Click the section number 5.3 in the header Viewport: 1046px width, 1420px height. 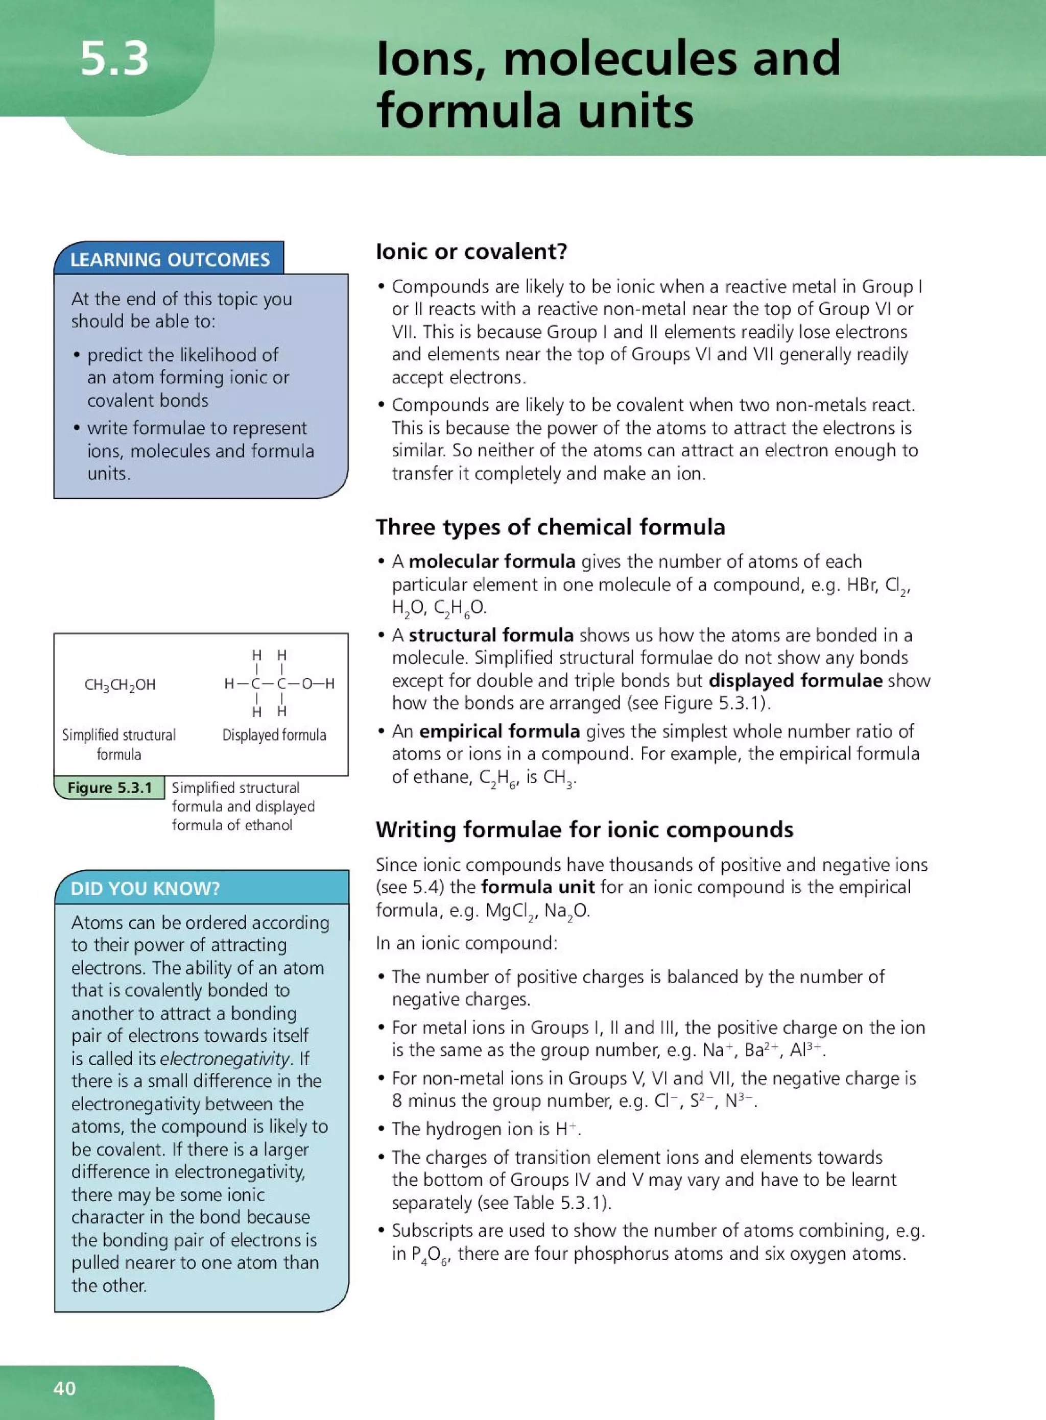pos(114,59)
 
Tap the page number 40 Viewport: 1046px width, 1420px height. pos(64,1388)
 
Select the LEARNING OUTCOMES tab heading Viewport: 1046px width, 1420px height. pos(170,259)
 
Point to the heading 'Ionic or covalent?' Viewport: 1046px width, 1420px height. pos(471,252)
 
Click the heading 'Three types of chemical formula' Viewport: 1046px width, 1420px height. pos(550,527)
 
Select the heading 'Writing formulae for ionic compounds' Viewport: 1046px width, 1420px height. pos(584,829)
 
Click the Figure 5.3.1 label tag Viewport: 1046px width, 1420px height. pos(109,788)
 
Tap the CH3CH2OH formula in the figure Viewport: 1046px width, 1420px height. pos(120,684)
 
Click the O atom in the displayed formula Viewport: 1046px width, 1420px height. pos(306,683)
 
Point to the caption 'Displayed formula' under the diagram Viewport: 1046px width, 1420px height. pos(274,736)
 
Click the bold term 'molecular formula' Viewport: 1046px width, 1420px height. pos(491,562)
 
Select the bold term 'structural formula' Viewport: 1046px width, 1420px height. pos(491,635)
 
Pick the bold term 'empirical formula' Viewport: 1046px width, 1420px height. pos(499,731)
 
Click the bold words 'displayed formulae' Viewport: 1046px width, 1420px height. pos(795,681)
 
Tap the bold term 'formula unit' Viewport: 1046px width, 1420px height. pos(538,887)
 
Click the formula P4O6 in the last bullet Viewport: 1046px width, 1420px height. pos(430,1254)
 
